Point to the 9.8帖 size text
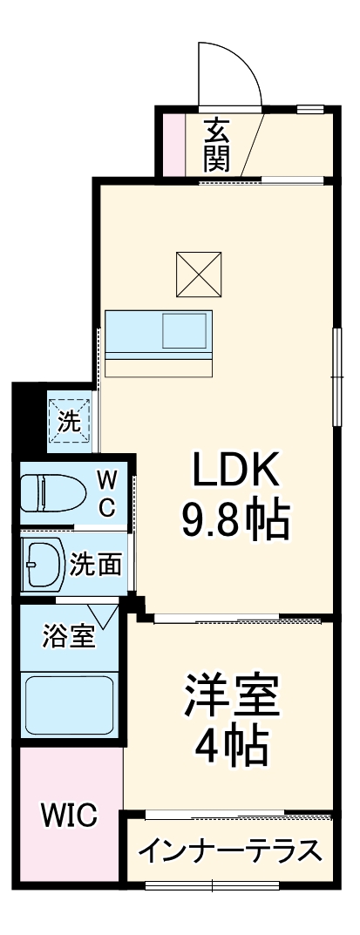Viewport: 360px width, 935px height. pos(235,520)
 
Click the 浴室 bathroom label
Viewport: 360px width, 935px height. pos(69,636)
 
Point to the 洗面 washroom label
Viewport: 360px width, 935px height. pos(96,564)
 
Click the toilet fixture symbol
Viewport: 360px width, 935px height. pos(52,494)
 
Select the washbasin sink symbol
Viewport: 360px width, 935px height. pos(41,565)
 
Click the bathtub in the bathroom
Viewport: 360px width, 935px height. pos(69,704)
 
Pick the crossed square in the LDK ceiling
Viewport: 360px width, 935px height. pos(198,274)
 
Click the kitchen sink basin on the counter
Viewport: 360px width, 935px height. pos(186,331)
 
